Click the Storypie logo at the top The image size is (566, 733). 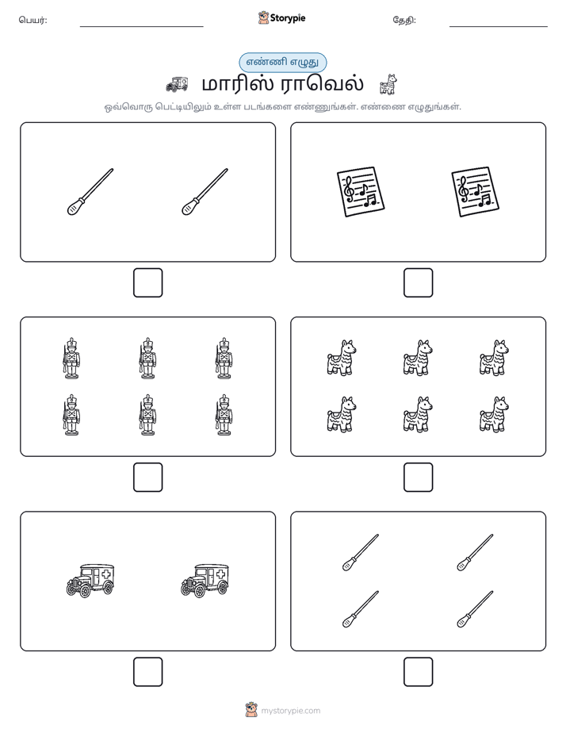click(x=281, y=18)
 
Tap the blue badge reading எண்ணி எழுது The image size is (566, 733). click(x=282, y=62)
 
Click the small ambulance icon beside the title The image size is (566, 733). click(x=177, y=84)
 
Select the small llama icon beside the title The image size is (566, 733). click(x=388, y=84)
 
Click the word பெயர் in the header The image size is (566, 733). click(x=33, y=20)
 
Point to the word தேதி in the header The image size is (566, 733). click(x=404, y=20)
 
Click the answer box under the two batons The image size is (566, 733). click(x=148, y=283)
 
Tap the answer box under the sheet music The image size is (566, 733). click(x=419, y=283)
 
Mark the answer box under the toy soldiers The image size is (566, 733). click(x=148, y=478)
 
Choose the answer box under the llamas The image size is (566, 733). click(x=419, y=478)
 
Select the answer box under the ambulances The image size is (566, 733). click(x=148, y=672)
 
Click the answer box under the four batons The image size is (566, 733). click(x=419, y=672)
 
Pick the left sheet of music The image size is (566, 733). click(x=361, y=192)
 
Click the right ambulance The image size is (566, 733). click(x=205, y=581)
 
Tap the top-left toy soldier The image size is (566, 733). click(x=71, y=358)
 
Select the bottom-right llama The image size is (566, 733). click(x=494, y=414)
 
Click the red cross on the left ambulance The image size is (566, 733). click(x=106, y=574)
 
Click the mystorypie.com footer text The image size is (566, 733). click(x=290, y=711)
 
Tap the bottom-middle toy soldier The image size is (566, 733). click(x=148, y=415)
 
